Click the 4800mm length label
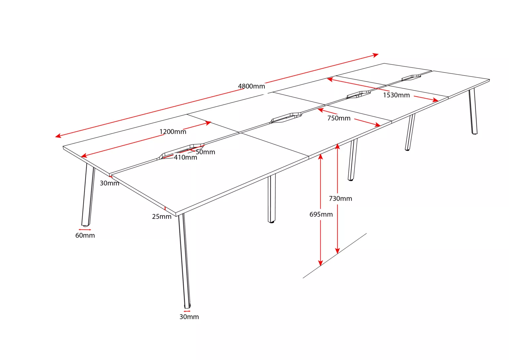(x=251, y=87)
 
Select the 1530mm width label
(x=396, y=95)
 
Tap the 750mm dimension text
(x=339, y=118)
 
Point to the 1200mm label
(x=173, y=132)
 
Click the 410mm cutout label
(x=186, y=157)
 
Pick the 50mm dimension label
(x=205, y=152)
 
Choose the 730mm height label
(x=340, y=199)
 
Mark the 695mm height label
(x=321, y=214)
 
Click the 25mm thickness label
(x=162, y=216)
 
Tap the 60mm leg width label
(x=85, y=235)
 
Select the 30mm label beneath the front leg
(x=189, y=317)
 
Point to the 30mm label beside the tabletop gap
(x=110, y=183)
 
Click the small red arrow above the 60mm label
(x=85, y=230)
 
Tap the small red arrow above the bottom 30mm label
(x=187, y=311)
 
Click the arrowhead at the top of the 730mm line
(x=337, y=146)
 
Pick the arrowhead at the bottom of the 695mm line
(x=320, y=263)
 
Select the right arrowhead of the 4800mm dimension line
(x=375, y=55)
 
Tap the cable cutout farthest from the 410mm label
(x=411, y=78)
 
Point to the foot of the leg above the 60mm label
(x=85, y=225)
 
